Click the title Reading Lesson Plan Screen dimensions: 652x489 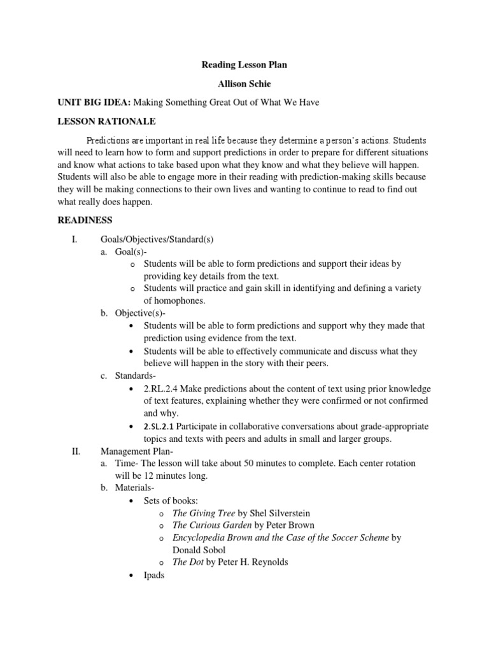(244, 64)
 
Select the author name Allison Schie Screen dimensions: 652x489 (244, 83)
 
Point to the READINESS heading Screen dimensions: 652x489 (85, 220)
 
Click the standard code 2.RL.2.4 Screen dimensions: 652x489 (162, 388)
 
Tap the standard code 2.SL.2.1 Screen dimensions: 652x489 (162, 426)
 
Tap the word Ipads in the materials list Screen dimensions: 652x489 (154, 575)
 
